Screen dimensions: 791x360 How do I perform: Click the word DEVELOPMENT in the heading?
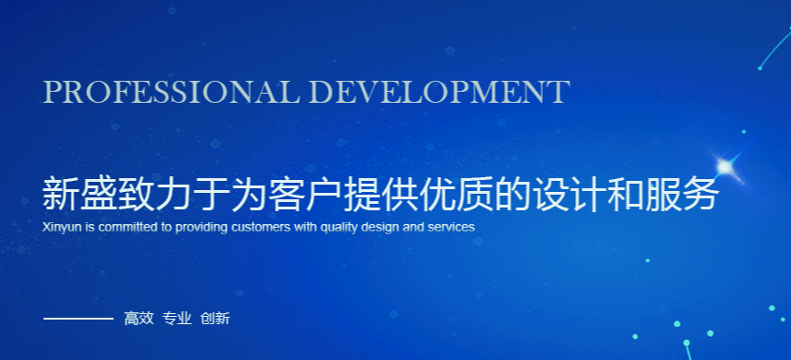pos(440,92)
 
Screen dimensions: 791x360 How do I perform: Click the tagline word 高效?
pos(139,319)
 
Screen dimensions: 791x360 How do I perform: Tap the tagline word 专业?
pos(177,319)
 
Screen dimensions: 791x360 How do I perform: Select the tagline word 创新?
pos(215,319)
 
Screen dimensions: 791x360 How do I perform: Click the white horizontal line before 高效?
pos(78,319)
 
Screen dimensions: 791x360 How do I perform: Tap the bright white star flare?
pos(725,167)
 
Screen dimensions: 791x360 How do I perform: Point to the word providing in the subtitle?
pos(202,228)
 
